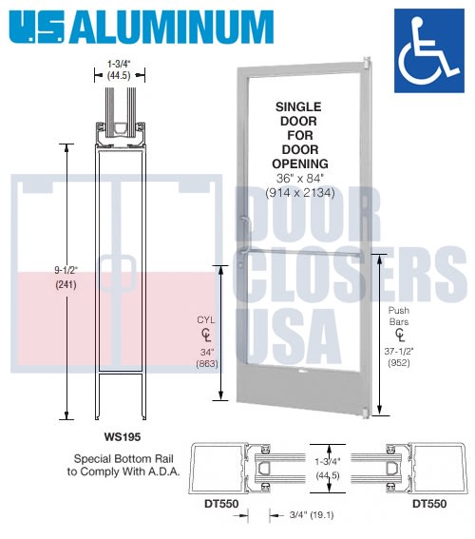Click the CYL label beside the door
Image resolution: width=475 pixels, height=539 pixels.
click(206, 320)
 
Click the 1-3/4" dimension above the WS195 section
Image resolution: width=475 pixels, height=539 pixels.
click(120, 68)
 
